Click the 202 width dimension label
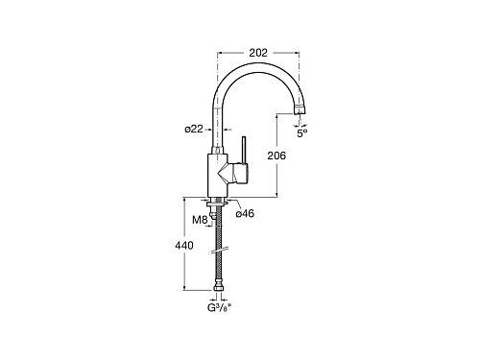[258, 53]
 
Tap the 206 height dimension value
[276, 156]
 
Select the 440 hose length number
[184, 246]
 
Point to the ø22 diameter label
[194, 129]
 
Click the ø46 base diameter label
[245, 213]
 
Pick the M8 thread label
[200, 220]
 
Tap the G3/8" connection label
[219, 308]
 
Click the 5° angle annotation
[302, 133]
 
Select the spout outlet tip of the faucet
[299, 109]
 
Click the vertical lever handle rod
[244, 150]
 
